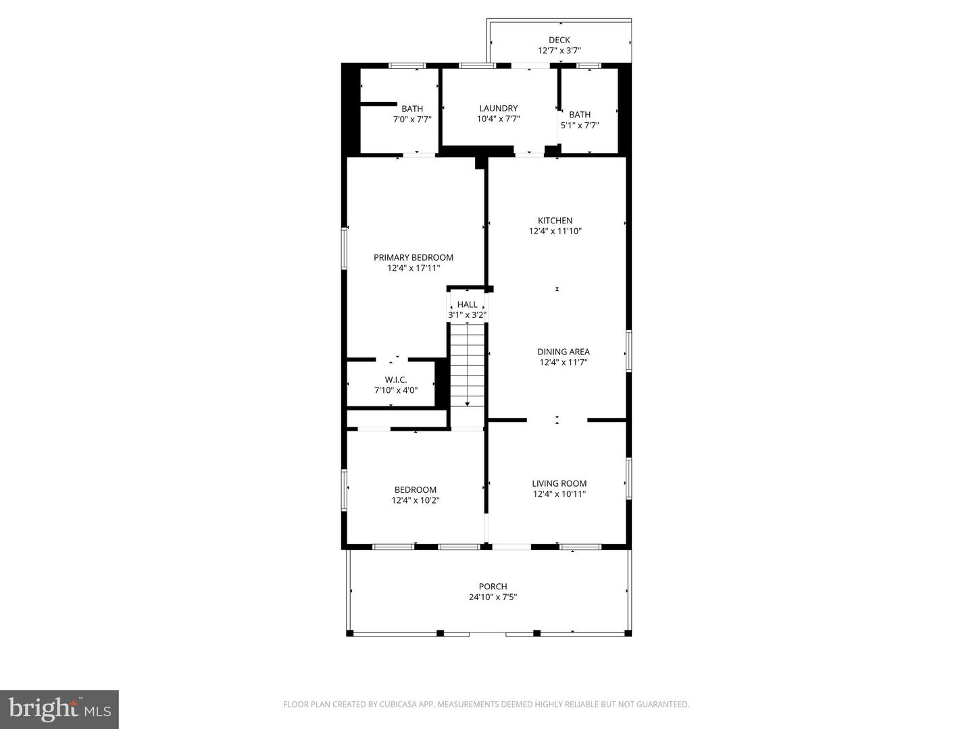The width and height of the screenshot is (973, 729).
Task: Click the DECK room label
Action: click(x=559, y=40)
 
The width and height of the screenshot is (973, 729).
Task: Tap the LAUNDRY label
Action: click(x=498, y=108)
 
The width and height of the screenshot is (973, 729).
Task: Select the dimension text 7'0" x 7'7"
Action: click(x=412, y=119)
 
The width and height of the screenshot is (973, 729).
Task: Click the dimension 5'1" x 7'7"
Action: click(x=580, y=126)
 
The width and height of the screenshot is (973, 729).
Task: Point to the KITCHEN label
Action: click(x=555, y=220)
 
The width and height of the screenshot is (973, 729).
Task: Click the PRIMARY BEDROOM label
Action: click(x=414, y=257)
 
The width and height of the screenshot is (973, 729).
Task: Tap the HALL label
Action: click(x=467, y=304)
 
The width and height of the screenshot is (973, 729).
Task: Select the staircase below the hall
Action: click(x=468, y=364)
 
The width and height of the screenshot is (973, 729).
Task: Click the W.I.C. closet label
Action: click(x=396, y=379)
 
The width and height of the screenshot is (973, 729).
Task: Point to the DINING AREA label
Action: click(x=563, y=352)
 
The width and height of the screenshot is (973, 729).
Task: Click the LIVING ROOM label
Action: click(x=559, y=483)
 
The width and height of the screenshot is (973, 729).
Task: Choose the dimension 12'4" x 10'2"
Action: click(x=416, y=501)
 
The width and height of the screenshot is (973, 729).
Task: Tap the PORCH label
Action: click(x=493, y=587)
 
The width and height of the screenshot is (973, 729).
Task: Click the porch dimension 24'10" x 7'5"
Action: click(x=493, y=597)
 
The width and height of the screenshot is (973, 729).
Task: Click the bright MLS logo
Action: click(x=59, y=709)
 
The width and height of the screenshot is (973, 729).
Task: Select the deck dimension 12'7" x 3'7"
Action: click(x=559, y=51)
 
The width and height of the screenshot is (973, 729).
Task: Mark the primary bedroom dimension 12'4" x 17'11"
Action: click(x=414, y=269)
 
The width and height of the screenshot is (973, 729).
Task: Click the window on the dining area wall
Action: click(x=628, y=350)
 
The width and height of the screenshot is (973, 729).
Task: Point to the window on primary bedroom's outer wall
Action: click(x=344, y=248)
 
